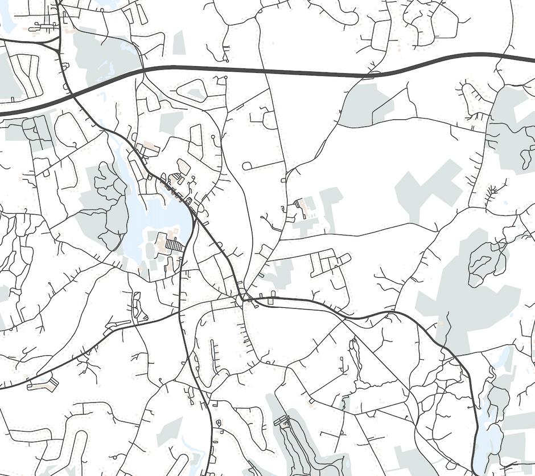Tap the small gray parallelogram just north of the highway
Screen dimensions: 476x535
pyautogui.click(x=179, y=43)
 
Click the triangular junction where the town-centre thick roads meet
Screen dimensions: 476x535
pyautogui.click(x=241, y=296)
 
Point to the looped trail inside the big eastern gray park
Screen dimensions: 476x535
pyautogui.click(x=487, y=262)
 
